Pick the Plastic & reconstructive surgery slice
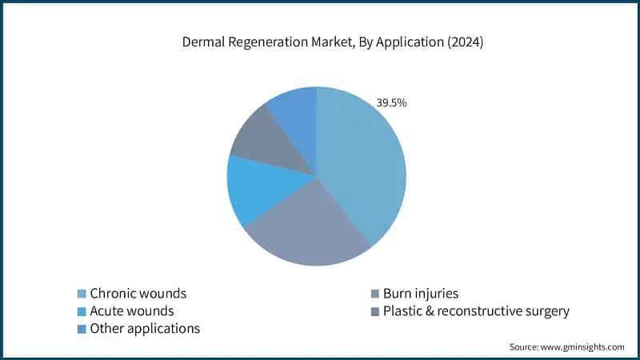(x=268, y=144)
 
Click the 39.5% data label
(x=391, y=102)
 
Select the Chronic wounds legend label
(x=138, y=294)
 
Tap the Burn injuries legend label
(x=420, y=294)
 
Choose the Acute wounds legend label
(x=131, y=311)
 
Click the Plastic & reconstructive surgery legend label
(x=476, y=311)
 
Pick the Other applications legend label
(x=145, y=329)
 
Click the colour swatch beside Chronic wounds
(x=81, y=294)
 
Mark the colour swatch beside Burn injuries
(x=374, y=294)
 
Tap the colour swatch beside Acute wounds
(x=81, y=311)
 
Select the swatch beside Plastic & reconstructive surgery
(x=374, y=311)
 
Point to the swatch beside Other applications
(x=81, y=329)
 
